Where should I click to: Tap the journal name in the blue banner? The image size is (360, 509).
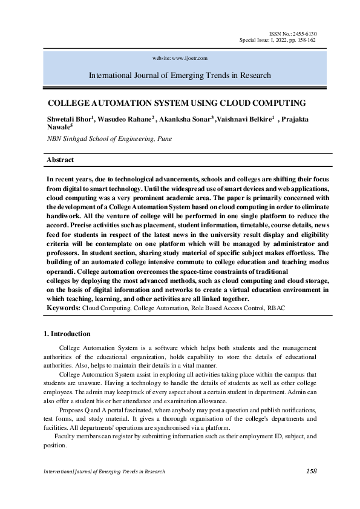(180, 76)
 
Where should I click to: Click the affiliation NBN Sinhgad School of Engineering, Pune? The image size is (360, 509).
(110, 138)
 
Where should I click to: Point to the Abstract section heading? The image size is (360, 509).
(61, 160)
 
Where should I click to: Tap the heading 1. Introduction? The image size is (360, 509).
(68, 334)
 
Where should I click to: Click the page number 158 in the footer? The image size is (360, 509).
(312, 471)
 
